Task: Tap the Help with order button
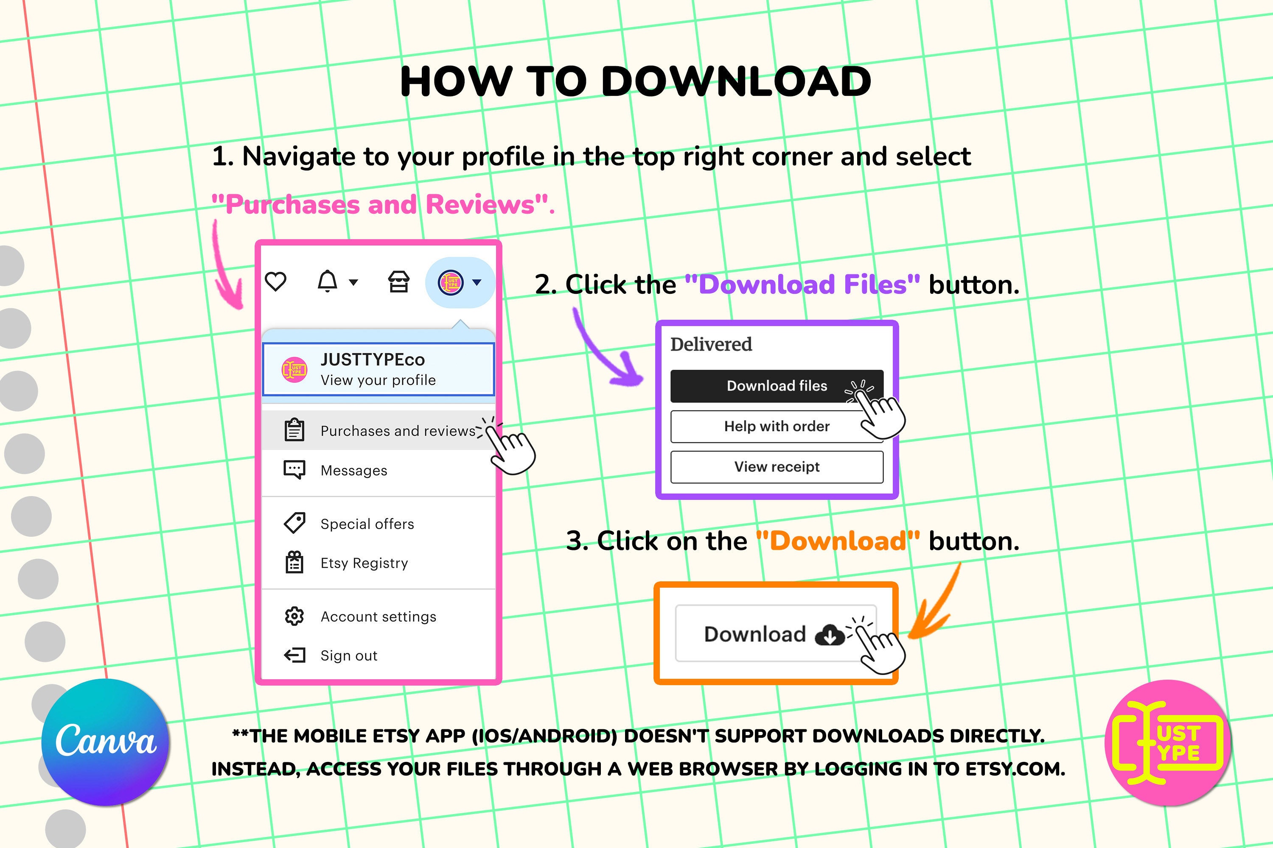(x=777, y=427)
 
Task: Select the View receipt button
(x=777, y=467)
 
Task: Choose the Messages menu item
(x=354, y=471)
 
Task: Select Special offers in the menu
(x=367, y=524)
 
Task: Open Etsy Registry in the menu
(x=364, y=563)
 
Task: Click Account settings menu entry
(x=379, y=616)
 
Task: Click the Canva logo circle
(x=106, y=742)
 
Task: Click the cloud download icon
(x=829, y=635)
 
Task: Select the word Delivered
(x=711, y=344)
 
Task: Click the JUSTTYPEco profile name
(x=373, y=360)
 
